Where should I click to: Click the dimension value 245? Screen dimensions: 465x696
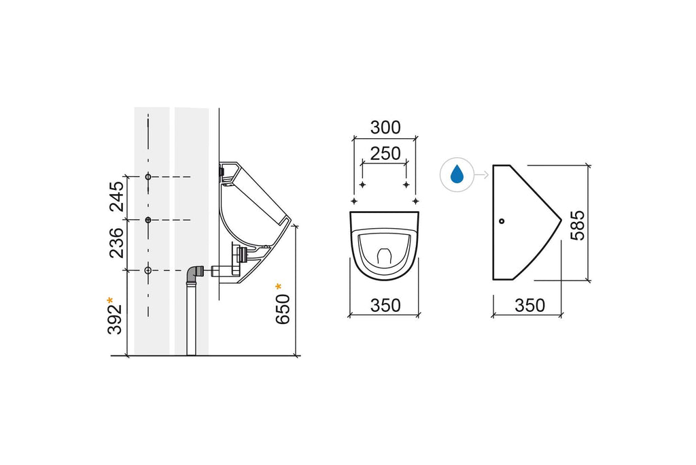coord(117,197)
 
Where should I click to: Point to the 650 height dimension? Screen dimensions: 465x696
coord(284,308)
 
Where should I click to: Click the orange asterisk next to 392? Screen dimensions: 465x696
coord(111,300)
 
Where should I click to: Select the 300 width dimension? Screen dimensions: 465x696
coord(385,127)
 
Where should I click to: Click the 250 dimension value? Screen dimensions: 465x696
coord(385,153)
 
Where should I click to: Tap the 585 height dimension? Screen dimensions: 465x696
coord(577,225)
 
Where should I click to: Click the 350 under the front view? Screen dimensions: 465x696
coord(385,306)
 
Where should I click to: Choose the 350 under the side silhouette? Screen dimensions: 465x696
coord(530,306)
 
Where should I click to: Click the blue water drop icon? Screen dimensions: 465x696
coord(457,175)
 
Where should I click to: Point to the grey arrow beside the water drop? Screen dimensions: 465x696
coord(481,175)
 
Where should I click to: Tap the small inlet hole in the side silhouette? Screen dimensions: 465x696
coord(502,221)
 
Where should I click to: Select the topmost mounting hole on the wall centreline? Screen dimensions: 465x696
coord(148,177)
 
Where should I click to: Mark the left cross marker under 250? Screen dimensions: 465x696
coord(363,185)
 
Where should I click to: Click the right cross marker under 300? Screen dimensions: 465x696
coord(415,202)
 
